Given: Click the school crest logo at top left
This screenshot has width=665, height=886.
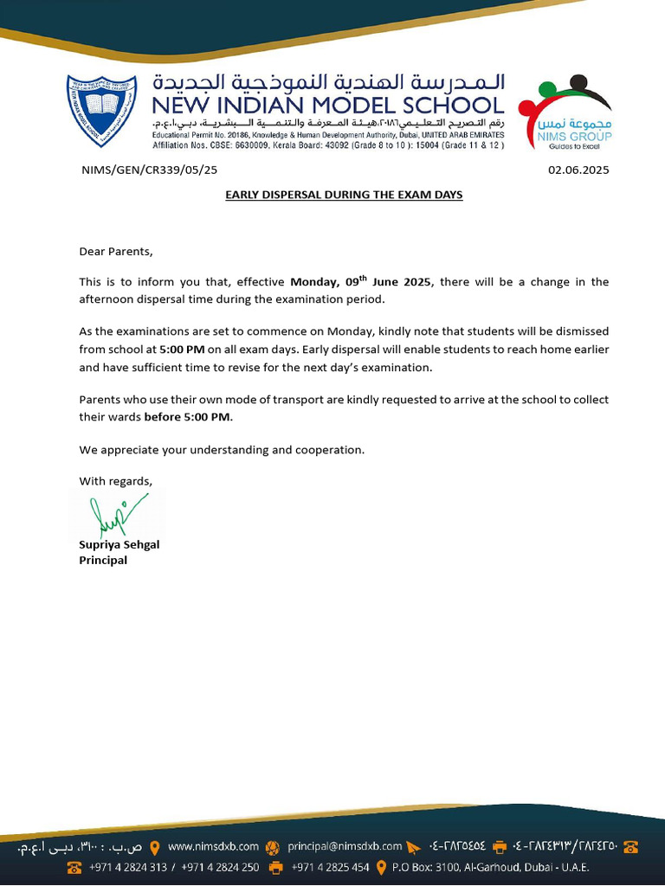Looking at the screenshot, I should (101, 110).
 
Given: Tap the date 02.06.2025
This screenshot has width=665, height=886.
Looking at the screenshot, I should (578, 170).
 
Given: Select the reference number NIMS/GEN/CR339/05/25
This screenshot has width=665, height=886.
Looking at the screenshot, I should (149, 170).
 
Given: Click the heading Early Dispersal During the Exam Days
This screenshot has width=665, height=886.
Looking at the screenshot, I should (344, 195).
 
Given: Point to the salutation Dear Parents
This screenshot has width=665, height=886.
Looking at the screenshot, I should (115, 252).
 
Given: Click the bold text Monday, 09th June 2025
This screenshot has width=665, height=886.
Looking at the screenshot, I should (365, 282).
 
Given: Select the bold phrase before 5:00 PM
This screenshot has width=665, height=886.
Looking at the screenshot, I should (188, 417).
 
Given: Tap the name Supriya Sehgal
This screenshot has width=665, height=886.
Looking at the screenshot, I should (119, 544).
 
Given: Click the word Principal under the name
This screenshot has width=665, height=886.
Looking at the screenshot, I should (103, 560).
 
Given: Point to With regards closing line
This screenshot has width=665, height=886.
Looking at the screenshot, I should (115, 481).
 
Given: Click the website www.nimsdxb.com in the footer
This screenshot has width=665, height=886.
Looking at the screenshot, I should (213, 846).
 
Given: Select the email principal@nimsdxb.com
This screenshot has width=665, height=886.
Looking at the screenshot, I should (345, 846).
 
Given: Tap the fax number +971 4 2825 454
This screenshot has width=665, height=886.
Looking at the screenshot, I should (330, 867).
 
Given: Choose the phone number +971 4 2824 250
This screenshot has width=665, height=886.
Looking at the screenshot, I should (220, 867).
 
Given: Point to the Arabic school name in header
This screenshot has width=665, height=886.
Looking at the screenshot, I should (328, 82).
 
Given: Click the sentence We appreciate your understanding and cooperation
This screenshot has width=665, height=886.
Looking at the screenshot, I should (222, 450).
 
